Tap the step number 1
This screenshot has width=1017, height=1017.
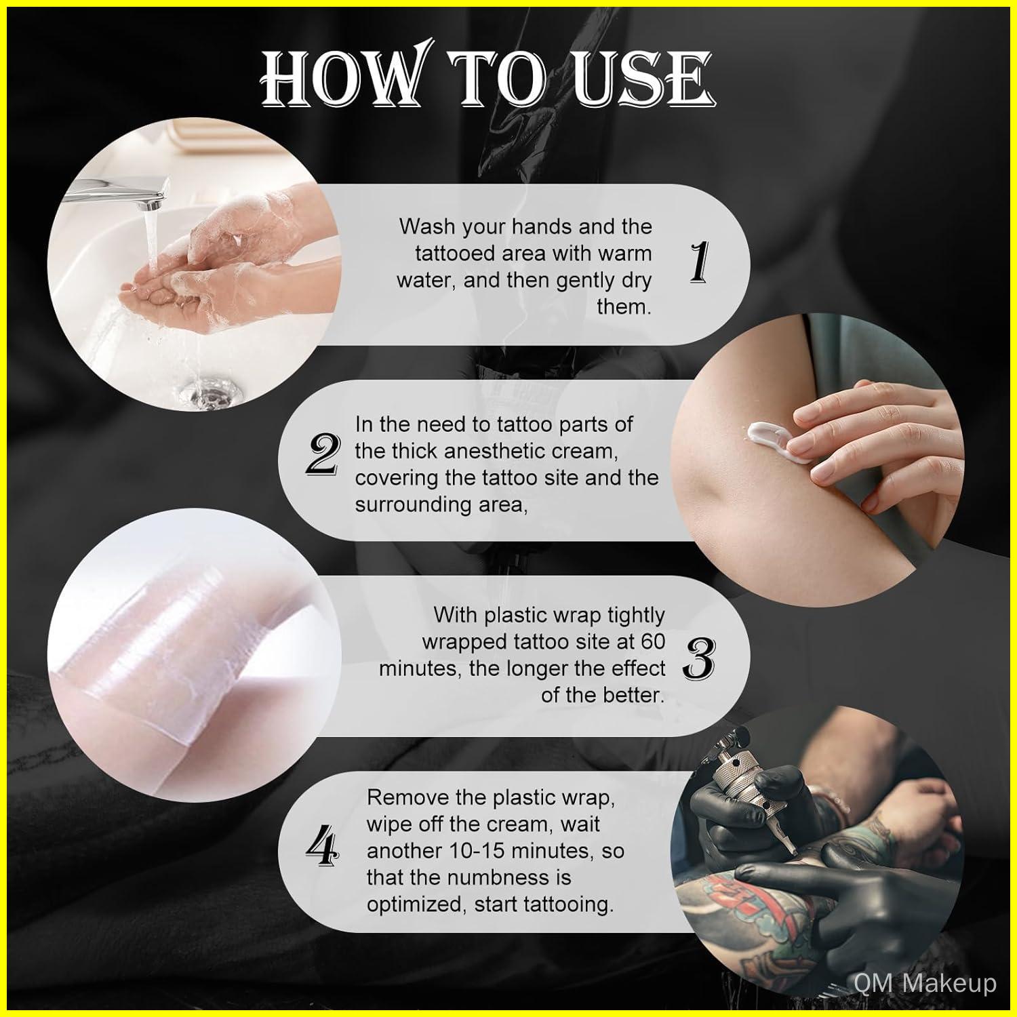coord(699,264)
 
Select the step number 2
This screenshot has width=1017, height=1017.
coord(322,455)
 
